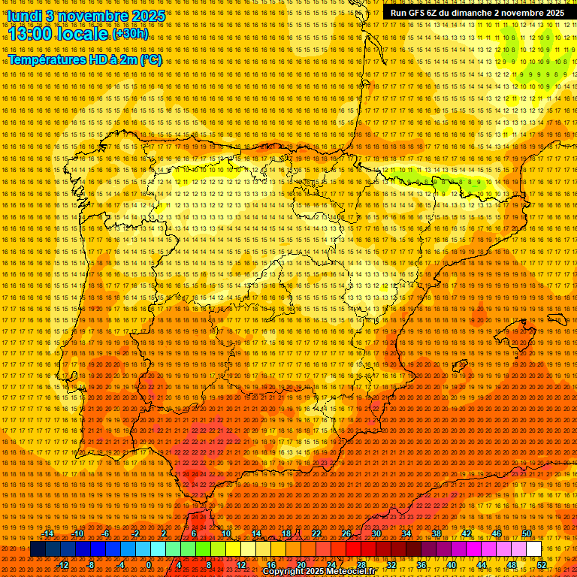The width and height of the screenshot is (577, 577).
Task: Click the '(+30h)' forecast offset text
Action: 130,34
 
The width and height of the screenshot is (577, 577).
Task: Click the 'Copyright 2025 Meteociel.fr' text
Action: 319,572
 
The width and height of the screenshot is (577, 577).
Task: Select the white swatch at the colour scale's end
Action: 534,549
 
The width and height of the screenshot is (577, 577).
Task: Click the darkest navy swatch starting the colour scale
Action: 38,549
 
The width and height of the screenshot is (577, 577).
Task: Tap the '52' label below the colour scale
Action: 542,565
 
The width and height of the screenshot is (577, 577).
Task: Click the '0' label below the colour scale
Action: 149,565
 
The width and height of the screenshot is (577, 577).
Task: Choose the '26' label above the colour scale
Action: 346,533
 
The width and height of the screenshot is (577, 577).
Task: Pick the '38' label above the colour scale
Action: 436,533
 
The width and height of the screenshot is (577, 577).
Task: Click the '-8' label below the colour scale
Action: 90,565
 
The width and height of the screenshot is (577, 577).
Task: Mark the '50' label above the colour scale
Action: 527,533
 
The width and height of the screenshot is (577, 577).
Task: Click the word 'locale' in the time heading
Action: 84,35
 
